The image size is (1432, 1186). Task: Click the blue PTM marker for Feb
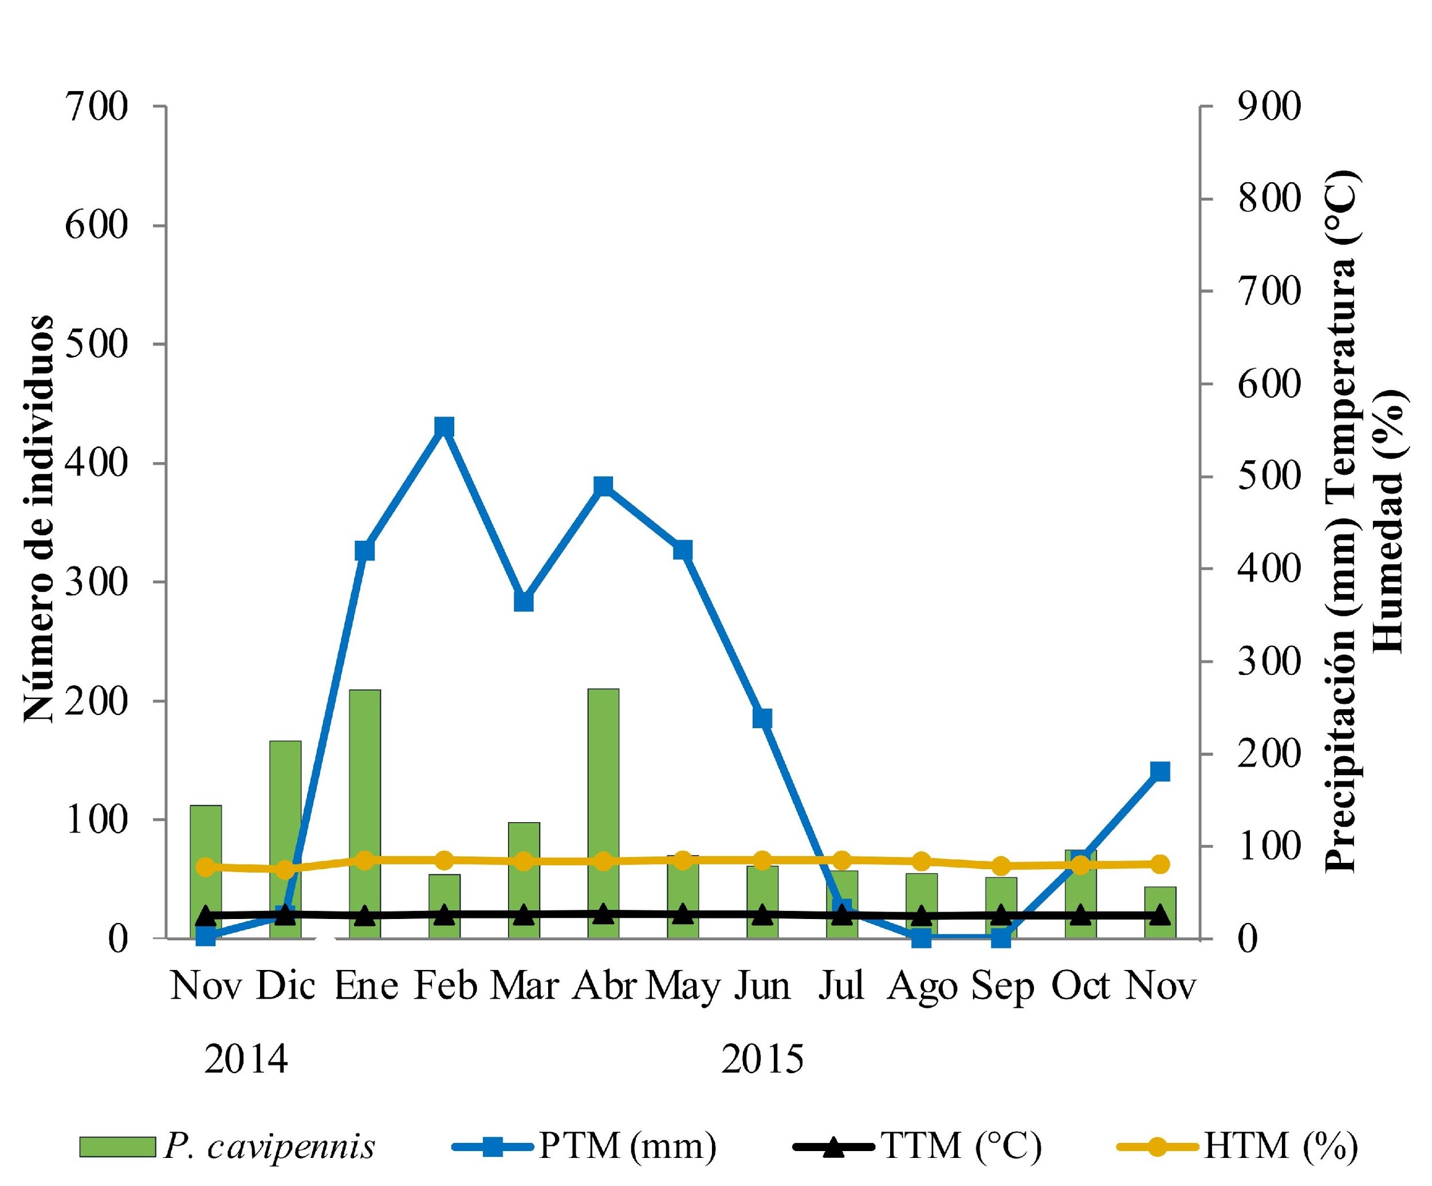(444, 427)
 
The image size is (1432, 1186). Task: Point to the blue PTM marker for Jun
(762, 718)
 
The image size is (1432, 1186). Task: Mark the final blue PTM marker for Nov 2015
(1160, 771)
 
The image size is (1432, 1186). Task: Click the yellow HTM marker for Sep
(1001, 866)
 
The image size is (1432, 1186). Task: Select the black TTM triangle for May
(683, 914)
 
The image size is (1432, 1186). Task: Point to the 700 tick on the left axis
(96, 107)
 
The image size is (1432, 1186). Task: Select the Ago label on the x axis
(922, 987)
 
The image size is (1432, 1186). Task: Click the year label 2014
(246, 1060)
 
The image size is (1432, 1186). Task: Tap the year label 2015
(762, 1060)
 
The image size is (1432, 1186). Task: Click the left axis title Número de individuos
(38, 519)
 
